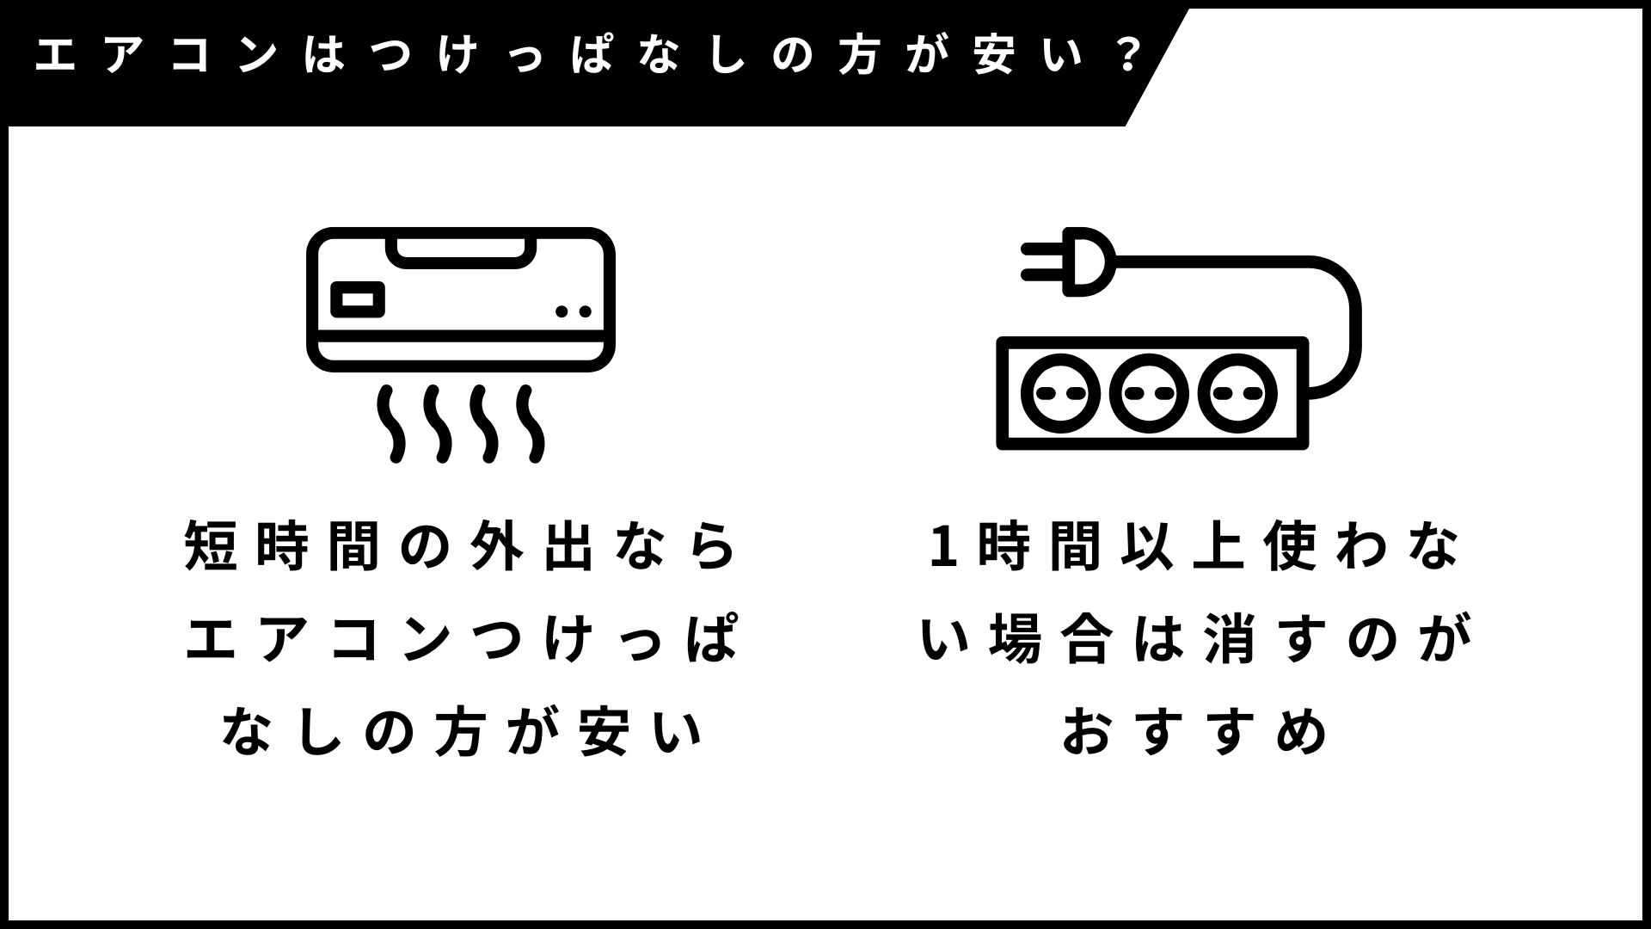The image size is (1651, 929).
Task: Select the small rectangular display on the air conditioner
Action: (358, 299)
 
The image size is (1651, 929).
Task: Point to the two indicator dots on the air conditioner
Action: (573, 311)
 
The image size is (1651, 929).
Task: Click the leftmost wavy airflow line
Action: (392, 424)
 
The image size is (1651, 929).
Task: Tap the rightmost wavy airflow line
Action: (533, 424)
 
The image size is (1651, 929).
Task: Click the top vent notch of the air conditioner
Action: (461, 250)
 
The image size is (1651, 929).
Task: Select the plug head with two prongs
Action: (1071, 261)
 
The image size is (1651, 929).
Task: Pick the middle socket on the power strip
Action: (1150, 393)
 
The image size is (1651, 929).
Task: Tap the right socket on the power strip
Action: (1238, 393)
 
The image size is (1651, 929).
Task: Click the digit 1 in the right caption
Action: (943, 546)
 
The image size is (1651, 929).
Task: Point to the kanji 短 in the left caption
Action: (211, 546)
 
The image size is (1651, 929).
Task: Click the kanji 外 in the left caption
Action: (498, 546)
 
